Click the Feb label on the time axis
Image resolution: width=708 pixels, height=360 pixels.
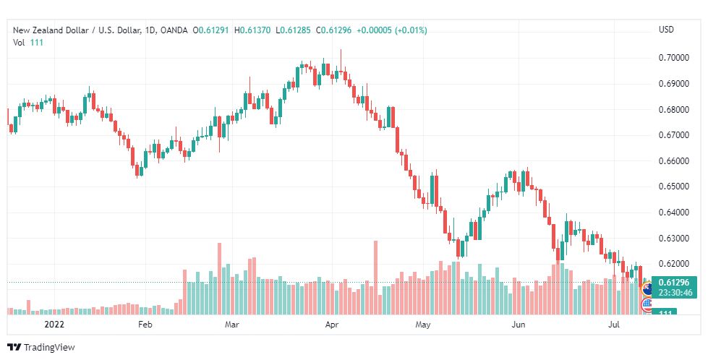pyautogui.click(x=145, y=325)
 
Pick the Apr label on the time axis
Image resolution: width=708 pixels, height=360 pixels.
pyautogui.click(x=332, y=325)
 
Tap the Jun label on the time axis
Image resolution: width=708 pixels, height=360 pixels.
pyautogui.click(x=518, y=325)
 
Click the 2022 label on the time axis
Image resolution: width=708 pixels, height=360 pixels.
pyautogui.click(x=55, y=325)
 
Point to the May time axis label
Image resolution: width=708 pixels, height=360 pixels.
pyautogui.click(x=423, y=325)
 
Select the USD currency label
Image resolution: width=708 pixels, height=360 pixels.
pyautogui.click(x=666, y=30)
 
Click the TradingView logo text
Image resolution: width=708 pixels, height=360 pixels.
pyautogui.click(x=48, y=348)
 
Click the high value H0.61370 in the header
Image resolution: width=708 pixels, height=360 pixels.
pyautogui.click(x=257, y=30)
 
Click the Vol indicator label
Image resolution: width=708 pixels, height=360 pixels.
pyautogui.click(x=20, y=43)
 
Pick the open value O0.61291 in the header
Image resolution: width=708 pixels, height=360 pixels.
pyautogui.click(x=215, y=30)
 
